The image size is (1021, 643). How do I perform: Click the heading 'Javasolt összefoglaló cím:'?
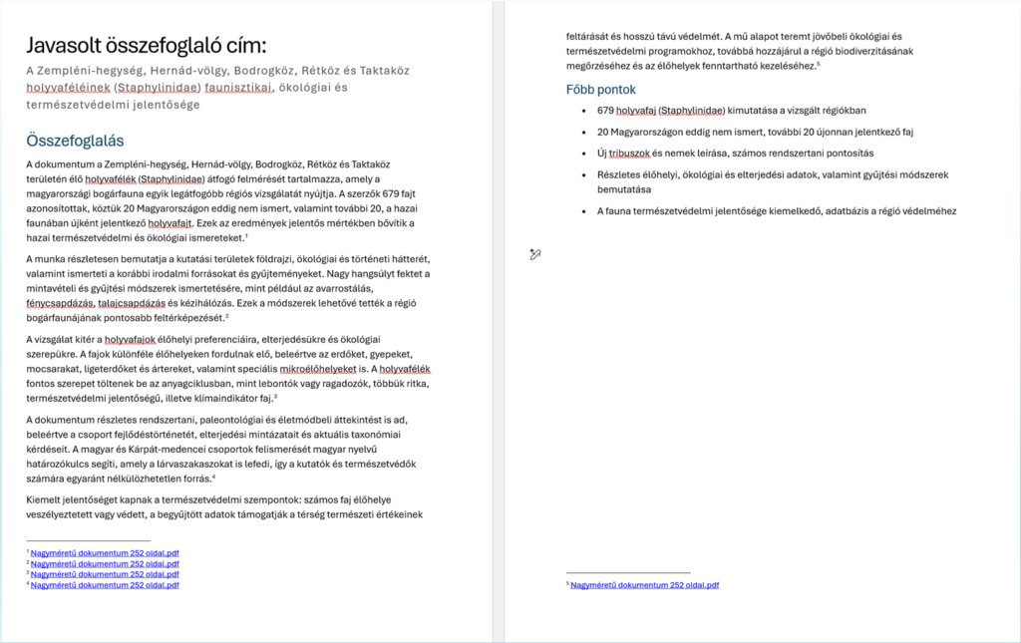[147, 46]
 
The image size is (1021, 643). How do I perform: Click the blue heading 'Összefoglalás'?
[76, 141]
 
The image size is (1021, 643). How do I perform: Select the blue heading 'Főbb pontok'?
[601, 90]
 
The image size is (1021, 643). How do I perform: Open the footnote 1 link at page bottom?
[105, 552]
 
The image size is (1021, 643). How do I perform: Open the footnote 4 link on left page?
[105, 585]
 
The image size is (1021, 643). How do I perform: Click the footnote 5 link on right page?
[644, 585]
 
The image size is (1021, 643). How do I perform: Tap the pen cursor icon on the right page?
[535, 255]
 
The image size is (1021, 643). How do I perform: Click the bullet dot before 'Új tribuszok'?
[582, 154]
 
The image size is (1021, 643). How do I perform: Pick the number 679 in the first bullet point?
[606, 111]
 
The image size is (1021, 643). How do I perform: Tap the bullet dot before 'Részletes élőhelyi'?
[582, 175]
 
